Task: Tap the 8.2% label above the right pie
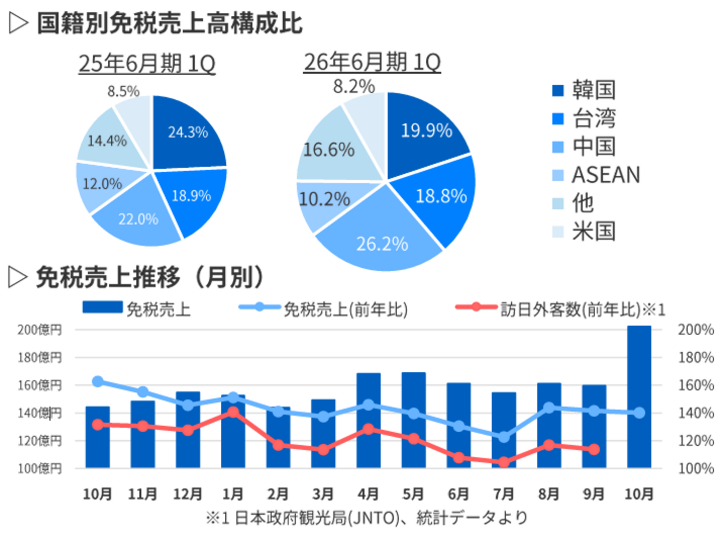click(354, 87)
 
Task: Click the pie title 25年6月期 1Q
click(147, 63)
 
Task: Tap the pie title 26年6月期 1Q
click(372, 62)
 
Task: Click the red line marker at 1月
click(233, 412)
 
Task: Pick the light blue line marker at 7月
click(504, 437)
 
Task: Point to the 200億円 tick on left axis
click(40, 330)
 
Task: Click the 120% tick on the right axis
click(695, 440)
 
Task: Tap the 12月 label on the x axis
click(187, 494)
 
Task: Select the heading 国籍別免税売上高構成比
click(170, 24)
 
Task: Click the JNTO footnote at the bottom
click(367, 517)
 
